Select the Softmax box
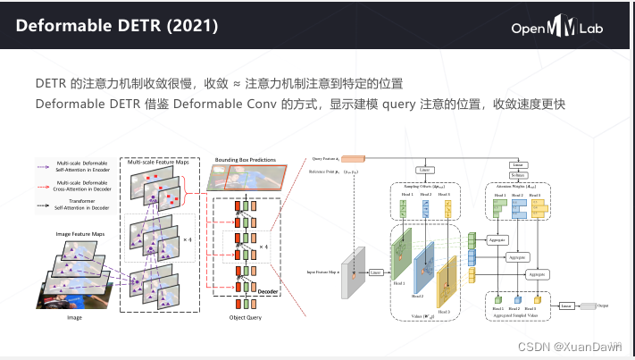517,175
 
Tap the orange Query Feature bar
345,158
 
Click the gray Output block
588,306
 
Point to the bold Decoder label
269,291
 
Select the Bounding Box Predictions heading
245,160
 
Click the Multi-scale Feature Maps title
158,162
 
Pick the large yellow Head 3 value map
446,280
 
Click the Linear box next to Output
565,306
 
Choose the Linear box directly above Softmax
517,164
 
